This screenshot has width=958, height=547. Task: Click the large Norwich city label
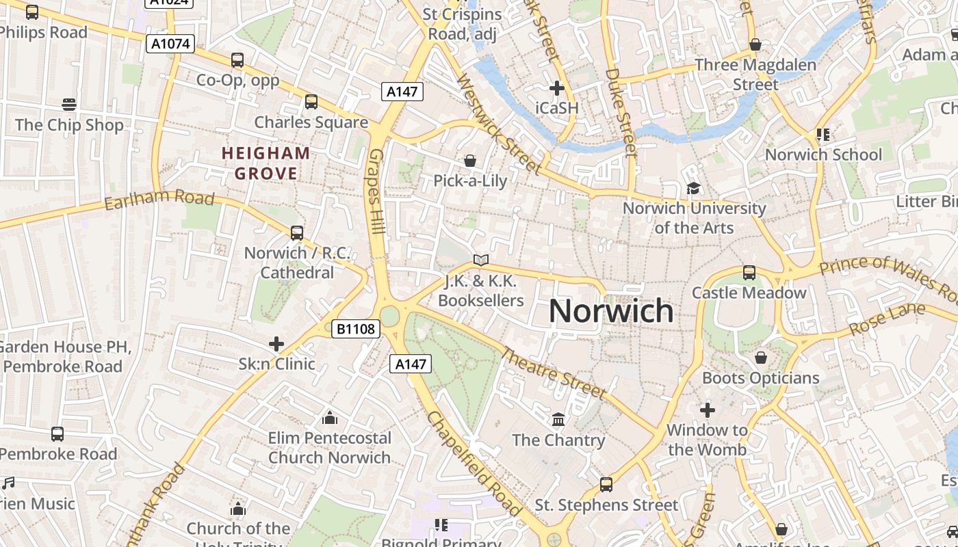coord(610,311)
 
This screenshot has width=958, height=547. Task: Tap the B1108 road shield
coord(356,329)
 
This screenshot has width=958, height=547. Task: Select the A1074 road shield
coord(170,44)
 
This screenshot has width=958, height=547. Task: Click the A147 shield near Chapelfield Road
coord(411,364)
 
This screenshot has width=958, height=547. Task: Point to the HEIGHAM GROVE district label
coord(266,163)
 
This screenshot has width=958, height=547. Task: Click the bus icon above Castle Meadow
coord(749,273)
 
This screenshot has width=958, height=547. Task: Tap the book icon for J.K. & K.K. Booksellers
coord(481,260)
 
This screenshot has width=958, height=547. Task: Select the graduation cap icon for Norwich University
coord(693,188)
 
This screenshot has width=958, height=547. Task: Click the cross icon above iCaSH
coord(557,88)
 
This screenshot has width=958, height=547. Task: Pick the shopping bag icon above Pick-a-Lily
coord(470,161)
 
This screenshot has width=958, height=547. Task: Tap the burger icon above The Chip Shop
coord(68,105)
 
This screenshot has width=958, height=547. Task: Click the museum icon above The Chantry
coord(558,419)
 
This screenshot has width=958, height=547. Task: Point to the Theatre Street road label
coord(554,373)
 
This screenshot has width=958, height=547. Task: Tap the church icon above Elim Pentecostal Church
coord(330,417)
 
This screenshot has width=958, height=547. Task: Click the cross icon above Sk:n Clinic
coord(276,343)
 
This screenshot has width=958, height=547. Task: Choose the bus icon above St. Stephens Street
coord(606,485)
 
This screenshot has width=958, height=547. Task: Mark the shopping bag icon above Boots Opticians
coord(760,358)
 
